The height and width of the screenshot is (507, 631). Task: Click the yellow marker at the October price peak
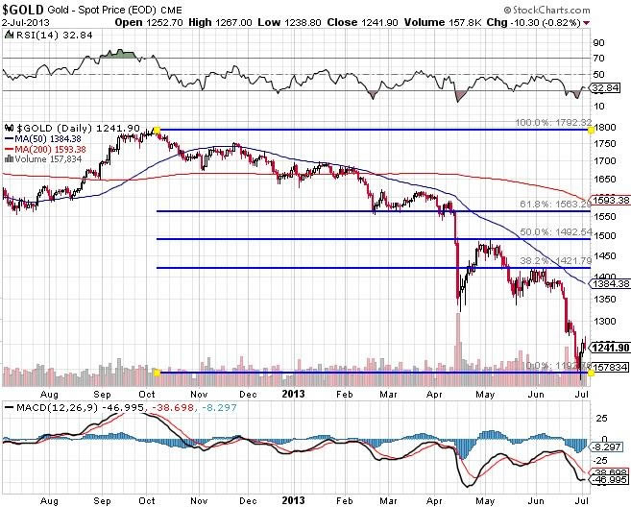click(x=157, y=129)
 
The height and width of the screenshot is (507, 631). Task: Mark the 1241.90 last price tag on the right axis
click(x=611, y=348)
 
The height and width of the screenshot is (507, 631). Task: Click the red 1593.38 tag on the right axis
click(x=611, y=201)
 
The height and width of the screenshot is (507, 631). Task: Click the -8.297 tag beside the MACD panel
click(x=606, y=447)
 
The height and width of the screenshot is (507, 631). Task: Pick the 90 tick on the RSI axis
click(x=598, y=43)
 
